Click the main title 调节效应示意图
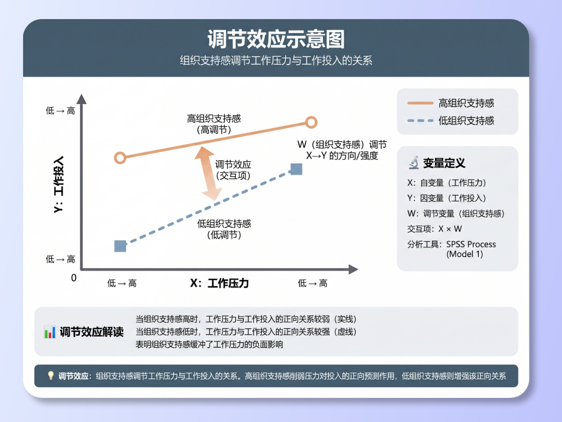click(276, 39)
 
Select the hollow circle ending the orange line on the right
click(311, 123)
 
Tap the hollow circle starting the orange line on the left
click(120, 158)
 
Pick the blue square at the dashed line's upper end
click(296, 169)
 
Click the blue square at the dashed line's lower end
click(120, 246)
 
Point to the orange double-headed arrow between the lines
click(208, 173)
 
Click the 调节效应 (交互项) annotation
click(233, 170)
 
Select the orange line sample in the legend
click(420, 103)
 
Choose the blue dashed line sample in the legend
click(420, 121)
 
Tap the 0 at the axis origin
click(73, 278)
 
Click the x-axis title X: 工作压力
click(219, 283)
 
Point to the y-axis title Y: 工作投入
click(59, 184)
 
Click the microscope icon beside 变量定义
click(414, 163)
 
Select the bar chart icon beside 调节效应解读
click(50, 332)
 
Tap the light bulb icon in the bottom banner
click(51, 376)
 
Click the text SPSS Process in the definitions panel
click(471, 244)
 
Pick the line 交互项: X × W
click(435, 229)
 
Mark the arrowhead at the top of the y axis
click(82, 98)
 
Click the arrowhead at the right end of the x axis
click(353, 269)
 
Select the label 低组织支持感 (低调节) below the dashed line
click(224, 229)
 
